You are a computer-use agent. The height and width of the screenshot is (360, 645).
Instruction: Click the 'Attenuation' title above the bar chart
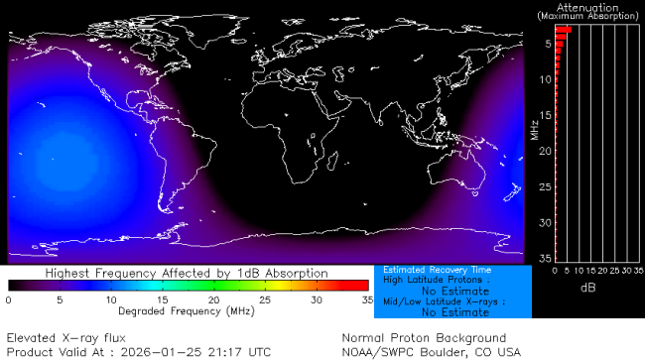[589, 6]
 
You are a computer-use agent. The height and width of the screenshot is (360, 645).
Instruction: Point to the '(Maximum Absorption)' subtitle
[589, 16]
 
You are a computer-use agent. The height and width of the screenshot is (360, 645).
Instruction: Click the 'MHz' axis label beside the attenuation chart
[534, 129]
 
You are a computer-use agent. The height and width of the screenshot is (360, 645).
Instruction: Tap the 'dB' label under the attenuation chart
[586, 288]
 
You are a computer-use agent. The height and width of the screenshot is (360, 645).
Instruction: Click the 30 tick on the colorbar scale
[317, 299]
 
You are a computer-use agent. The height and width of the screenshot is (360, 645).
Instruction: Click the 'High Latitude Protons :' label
[432, 281]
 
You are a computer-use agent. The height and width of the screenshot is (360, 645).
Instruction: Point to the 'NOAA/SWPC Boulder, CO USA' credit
[431, 351]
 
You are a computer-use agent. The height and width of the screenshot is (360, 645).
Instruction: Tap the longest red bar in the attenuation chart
[563, 30]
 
